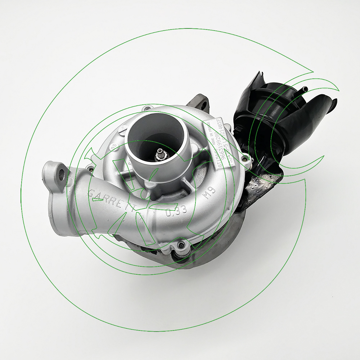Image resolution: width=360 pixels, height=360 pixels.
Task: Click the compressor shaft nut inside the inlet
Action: point(158,154)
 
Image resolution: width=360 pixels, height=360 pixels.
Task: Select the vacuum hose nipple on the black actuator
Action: point(305,88)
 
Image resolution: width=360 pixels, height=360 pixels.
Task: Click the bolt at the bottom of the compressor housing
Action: point(181,246)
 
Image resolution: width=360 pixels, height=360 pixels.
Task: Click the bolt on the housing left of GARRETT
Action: point(90,168)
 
